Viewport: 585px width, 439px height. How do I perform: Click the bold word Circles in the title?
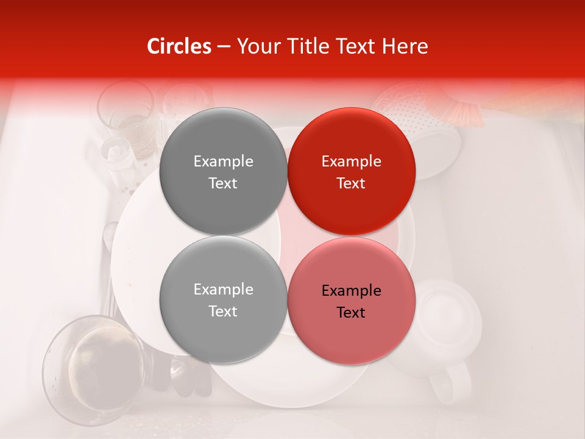[179, 46]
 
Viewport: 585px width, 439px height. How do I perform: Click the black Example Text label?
[351, 301]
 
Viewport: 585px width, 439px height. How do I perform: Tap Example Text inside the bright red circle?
[351, 172]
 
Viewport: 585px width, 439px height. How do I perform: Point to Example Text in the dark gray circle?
[223, 172]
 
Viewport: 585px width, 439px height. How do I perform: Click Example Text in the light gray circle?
[223, 300]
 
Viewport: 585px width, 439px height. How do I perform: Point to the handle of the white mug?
[448, 384]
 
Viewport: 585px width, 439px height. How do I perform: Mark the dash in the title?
[224, 46]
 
